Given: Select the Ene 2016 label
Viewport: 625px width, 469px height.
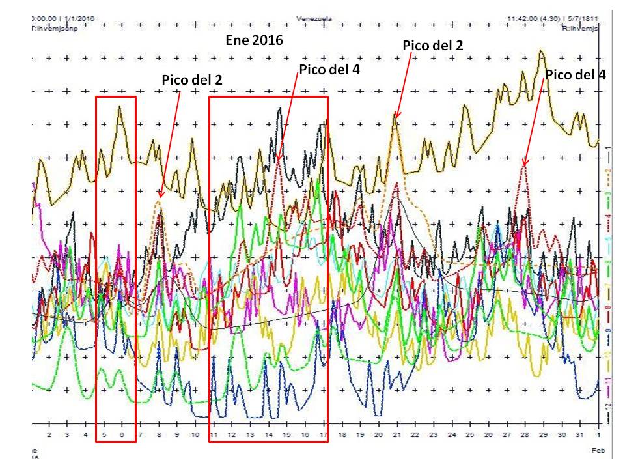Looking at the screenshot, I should coord(254,40).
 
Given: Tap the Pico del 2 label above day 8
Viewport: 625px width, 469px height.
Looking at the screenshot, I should coord(191,79).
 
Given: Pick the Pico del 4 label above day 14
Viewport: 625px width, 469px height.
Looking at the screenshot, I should coord(329,69).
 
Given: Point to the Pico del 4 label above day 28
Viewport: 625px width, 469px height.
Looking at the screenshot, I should coord(575,74).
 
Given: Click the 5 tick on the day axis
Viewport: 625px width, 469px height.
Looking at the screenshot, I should coord(104,435).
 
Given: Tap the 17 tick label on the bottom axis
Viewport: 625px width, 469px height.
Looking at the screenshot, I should coord(323,435).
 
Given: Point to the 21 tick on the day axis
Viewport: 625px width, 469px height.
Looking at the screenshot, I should coord(396,435).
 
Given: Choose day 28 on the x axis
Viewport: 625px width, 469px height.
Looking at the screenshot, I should coord(525,435).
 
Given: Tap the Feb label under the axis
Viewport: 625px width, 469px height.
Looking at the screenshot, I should coord(598,450).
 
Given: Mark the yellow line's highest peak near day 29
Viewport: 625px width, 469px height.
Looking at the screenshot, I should coord(540,50).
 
